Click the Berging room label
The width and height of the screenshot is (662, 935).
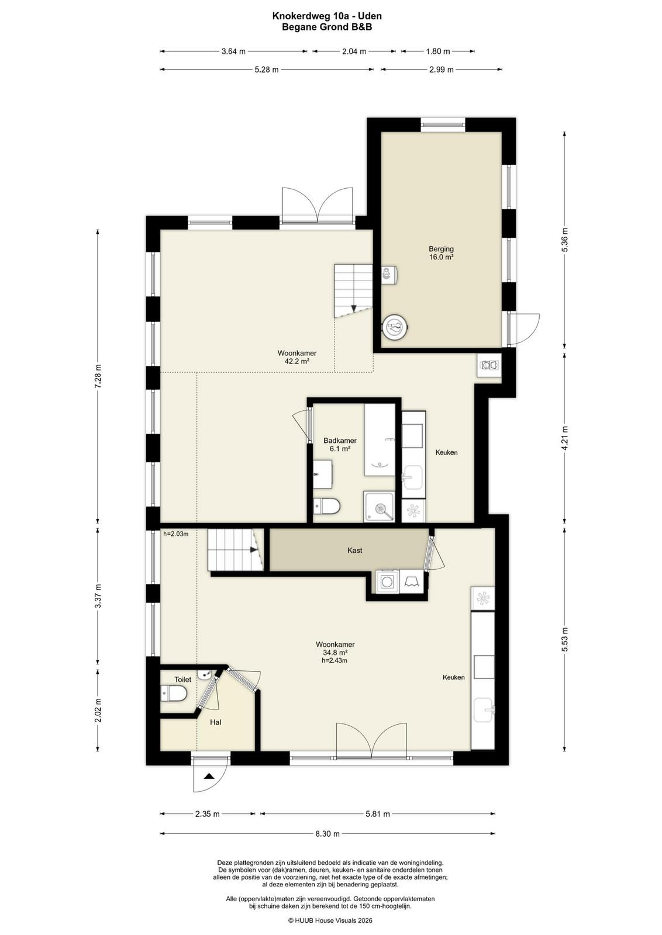[x=440, y=249]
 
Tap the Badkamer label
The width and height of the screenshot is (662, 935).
[x=340, y=441]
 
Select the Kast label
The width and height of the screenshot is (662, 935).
[x=354, y=550]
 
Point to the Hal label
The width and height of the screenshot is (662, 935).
[x=216, y=722]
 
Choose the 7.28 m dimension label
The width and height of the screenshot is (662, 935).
[x=98, y=376]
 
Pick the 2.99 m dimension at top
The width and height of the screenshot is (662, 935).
[x=442, y=70]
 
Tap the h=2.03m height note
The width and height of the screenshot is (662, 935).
[x=176, y=534]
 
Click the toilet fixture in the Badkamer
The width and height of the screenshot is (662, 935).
[x=327, y=506]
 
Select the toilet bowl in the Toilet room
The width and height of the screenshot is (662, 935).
[x=173, y=693]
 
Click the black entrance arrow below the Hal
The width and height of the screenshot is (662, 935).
[x=209, y=776]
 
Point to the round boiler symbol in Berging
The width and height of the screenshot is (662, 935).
[x=395, y=326]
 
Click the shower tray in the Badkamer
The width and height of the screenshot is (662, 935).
[x=379, y=506]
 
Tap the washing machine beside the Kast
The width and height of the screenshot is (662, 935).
[x=387, y=581]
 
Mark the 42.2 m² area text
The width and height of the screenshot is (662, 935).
[x=294, y=362]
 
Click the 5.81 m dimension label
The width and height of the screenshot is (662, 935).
[x=377, y=814]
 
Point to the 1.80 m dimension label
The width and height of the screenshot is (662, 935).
[x=437, y=51]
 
